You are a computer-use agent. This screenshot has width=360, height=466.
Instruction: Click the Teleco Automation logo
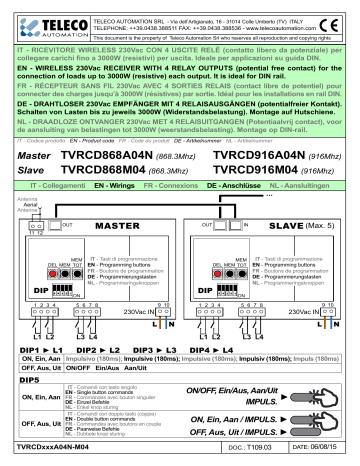37,19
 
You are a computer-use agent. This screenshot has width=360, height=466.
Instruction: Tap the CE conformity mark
338,17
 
